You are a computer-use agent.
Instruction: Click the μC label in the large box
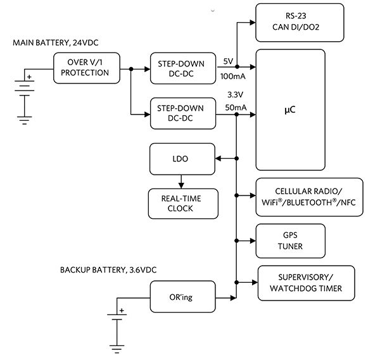291,109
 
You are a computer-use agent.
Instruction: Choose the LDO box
180,159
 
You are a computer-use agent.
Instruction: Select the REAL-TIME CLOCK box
180,203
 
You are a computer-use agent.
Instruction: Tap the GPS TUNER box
291,240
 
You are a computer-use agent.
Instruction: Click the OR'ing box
180,297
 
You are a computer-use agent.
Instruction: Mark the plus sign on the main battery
28,77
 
